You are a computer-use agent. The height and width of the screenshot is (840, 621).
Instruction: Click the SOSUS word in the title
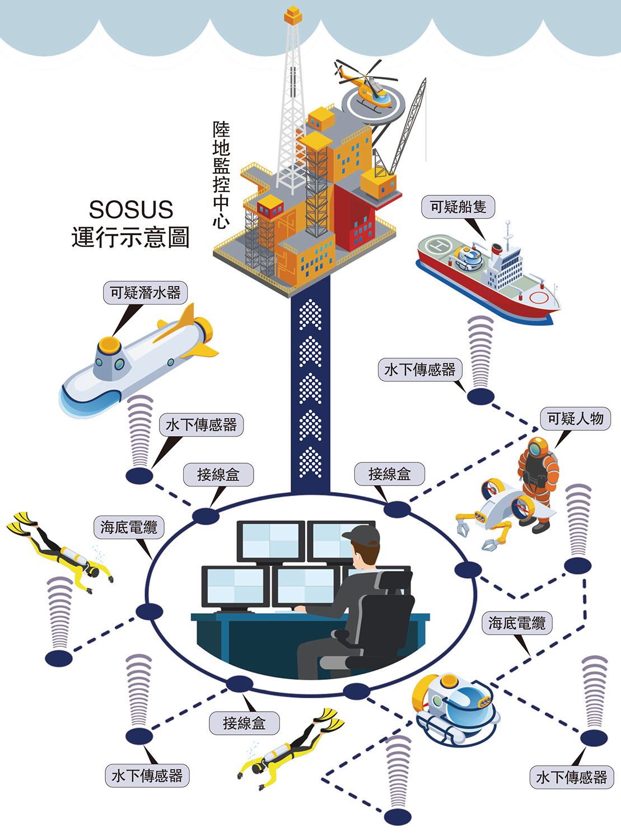click(131, 210)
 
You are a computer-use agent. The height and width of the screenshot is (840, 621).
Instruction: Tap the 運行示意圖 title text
click(131, 237)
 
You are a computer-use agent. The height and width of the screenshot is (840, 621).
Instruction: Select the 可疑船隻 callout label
click(458, 207)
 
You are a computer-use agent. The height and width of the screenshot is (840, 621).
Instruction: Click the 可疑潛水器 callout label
click(145, 293)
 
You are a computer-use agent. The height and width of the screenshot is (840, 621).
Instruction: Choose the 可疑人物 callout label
click(575, 419)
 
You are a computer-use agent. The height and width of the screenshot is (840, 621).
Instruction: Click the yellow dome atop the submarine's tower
click(109, 344)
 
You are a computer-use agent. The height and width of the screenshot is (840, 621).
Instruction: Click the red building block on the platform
click(353, 218)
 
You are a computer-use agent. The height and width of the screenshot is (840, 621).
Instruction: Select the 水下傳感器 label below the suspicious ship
click(420, 370)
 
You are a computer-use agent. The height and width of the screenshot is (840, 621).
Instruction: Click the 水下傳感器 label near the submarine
click(201, 425)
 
